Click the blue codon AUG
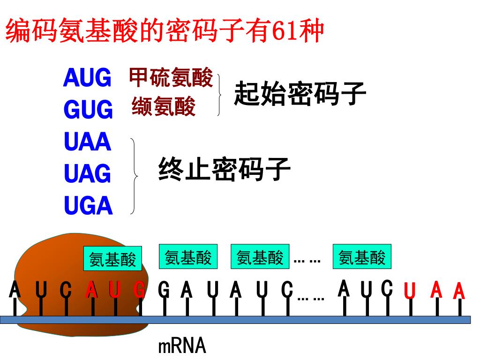pyautogui.click(x=87, y=78)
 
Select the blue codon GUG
pyautogui.click(x=88, y=109)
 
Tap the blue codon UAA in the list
pyautogui.click(x=88, y=142)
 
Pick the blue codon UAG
pyautogui.click(x=88, y=173)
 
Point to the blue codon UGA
pyautogui.click(x=88, y=205)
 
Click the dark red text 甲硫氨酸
pyautogui.click(x=171, y=77)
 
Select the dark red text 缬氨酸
pyautogui.click(x=164, y=106)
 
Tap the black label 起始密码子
pyautogui.click(x=300, y=94)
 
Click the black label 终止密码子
pyautogui.click(x=225, y=169)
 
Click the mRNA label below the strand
pyautogui.click(x=182, y=346)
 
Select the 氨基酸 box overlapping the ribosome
pyautogui.click(x=112, y=259)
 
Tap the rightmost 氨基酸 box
pyautogui.click(x=362, y=256)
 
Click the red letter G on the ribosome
pyautogui.click(x=140, y=290)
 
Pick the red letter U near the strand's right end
pyautogui.click(x=410, y=290)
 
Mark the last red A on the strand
pyautogui.click(x=459, y=290)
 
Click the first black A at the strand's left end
pyautogui.click(x=15, y=289)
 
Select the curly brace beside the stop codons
pyautogui.click(x=134, y=176)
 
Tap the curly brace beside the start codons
pyautogui.click(x=219, y=95)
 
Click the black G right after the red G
pyautogui.click(x=164, y=290)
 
